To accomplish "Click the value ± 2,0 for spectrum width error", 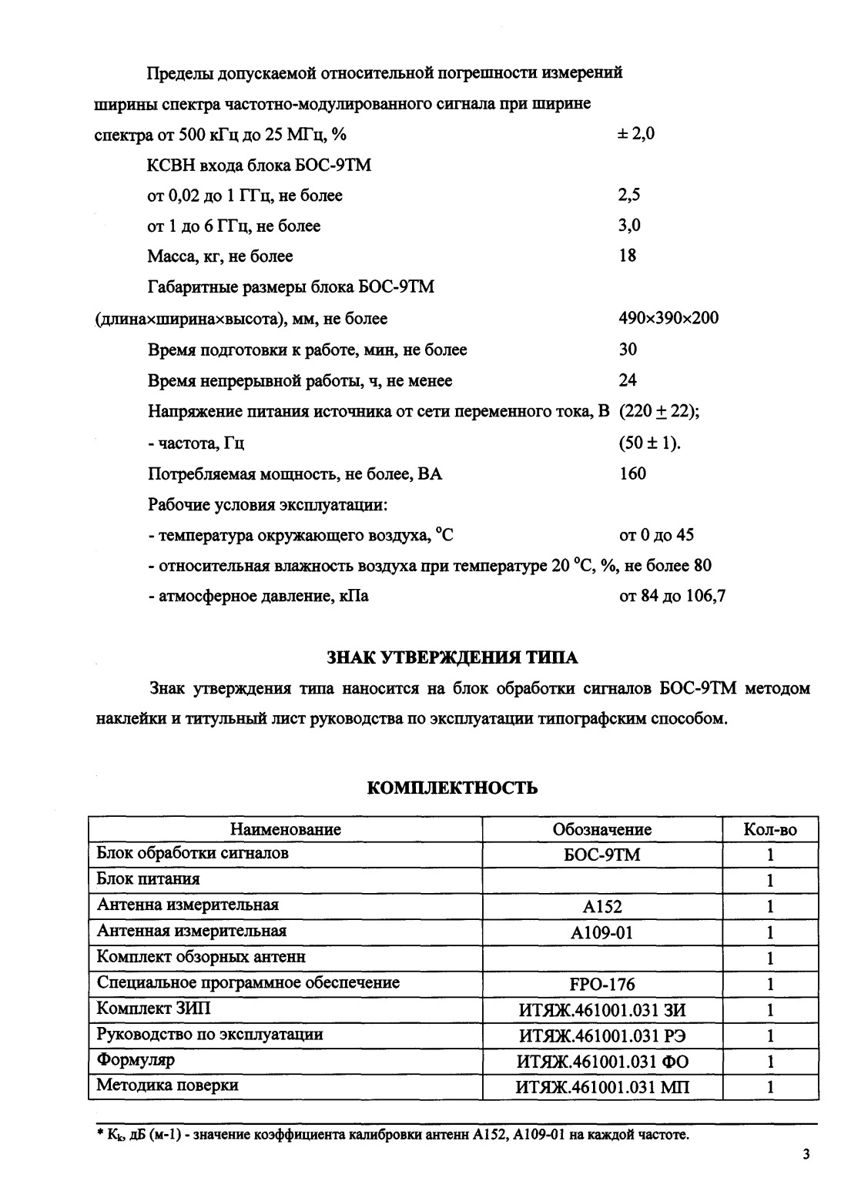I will (636, 134).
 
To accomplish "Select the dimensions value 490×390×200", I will (668, 319).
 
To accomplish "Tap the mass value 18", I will (628, 256).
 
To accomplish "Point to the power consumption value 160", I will (632, 473).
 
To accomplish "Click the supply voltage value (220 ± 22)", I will (659, 412).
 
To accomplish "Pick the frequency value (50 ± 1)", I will (649, 443).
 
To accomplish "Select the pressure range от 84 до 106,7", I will (672, 597).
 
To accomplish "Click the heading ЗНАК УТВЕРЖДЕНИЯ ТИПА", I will (452, 657).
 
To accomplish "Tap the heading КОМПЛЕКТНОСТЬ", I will (452, 788).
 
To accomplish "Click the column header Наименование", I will (285, 830).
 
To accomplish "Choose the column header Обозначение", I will (601, 830).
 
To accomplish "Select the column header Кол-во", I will (769, 830).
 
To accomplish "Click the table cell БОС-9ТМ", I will (601, 855).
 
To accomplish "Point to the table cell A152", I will (601, 907).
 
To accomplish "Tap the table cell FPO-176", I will (601, 984).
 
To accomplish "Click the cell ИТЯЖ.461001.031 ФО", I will (601, 1062).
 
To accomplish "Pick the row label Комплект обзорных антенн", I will (201, 957).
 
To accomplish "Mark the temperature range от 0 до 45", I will (656, 535).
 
